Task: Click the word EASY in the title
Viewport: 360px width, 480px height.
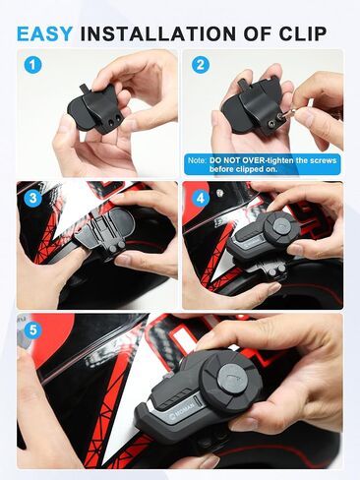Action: click(x=44, y=33)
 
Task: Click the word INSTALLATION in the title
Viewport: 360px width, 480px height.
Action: click(x=157, y=33)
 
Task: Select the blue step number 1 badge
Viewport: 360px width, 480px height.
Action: click(x=33, y=65)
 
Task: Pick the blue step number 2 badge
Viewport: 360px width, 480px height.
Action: click(x=200, y=65)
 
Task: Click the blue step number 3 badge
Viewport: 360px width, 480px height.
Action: click(x=33, y=198)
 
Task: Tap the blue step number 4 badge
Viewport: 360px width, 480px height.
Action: click(x=200, y=198)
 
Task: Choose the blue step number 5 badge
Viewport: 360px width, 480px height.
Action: click(x=33, y=330)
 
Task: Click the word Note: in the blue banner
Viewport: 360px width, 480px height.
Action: click(x=197, y=160)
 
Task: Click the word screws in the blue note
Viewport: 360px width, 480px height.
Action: click(x=324, y=160)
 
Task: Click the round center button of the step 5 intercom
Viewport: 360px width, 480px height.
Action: click(x=233, y=379)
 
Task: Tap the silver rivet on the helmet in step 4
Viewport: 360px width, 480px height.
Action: click(x=218, y=194)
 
